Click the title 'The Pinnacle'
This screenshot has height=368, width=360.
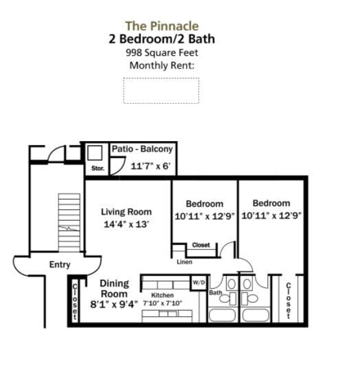(161, 26)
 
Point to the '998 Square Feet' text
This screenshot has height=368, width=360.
(161, 52)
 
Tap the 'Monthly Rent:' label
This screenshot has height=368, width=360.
(161, 65)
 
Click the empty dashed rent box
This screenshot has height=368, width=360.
(161, 90)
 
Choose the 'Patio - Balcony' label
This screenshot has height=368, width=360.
(142, 149)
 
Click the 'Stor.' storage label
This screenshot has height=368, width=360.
(97, 168)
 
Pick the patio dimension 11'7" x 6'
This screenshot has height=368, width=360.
(150, 166)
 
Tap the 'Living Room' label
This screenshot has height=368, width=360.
(126, 212)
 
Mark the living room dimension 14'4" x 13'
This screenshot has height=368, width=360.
(126, 224)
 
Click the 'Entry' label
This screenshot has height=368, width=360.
(59, 265)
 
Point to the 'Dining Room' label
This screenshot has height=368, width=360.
(114, 288)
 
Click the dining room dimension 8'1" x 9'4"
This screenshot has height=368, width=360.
(114, 303)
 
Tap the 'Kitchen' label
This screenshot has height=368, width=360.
(163, 295)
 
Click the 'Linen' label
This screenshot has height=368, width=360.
(184, 262)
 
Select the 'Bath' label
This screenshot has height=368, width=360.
(215, 293)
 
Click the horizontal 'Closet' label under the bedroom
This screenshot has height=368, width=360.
(201, 245)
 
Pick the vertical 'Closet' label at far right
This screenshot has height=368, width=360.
(289, 301)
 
